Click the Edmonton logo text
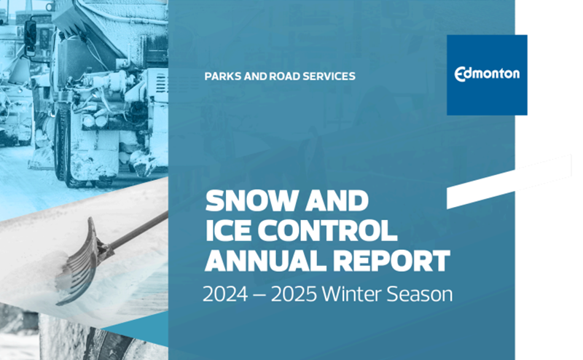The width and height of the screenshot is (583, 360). click(487, 74)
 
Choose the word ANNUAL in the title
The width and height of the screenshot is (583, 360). click(265, 260)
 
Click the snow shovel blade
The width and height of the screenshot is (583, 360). click(80, 259)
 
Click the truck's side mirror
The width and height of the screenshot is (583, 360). click(31, 34)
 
